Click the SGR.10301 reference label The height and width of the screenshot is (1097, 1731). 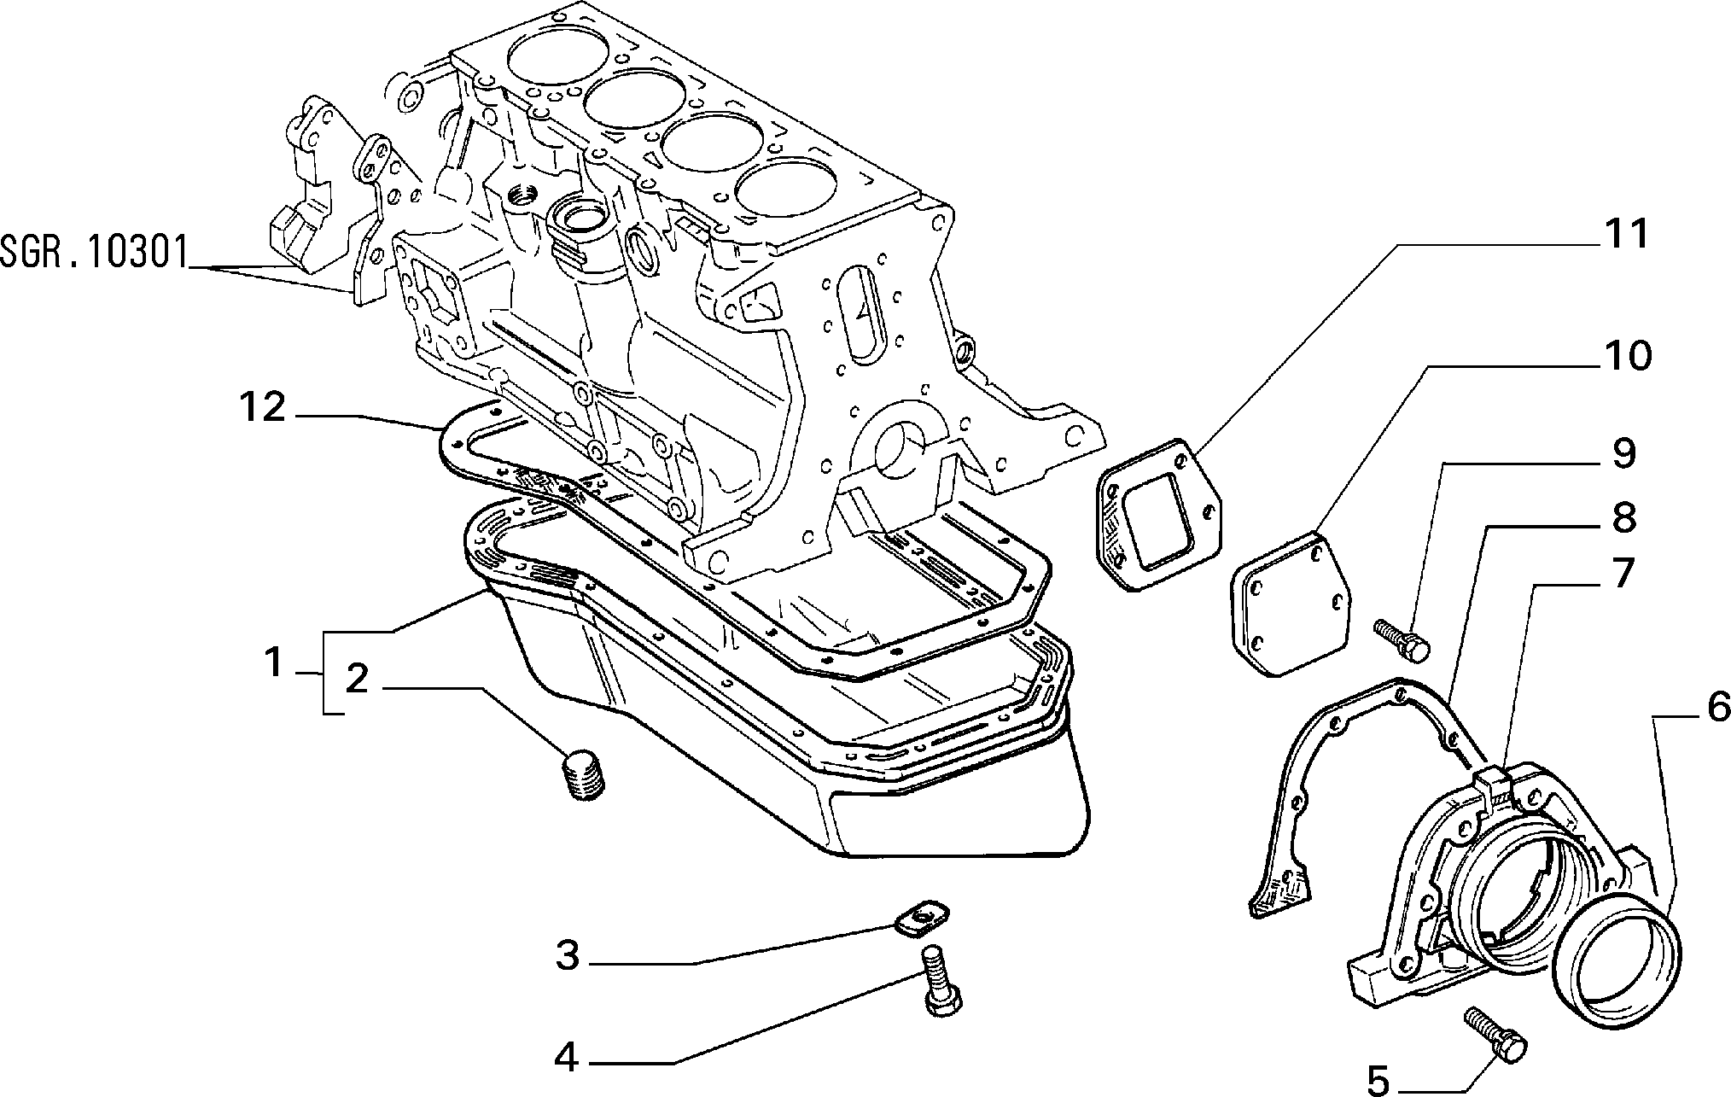(x=93, y=254)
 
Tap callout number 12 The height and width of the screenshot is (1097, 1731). (x=262, y=407)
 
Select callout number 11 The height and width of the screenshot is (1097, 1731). (x=1619, y=235)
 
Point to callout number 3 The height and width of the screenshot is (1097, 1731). (x=567, y=955)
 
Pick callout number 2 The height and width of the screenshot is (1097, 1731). (x=357, y=679)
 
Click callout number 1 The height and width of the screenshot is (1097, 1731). (x=273, y=663)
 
